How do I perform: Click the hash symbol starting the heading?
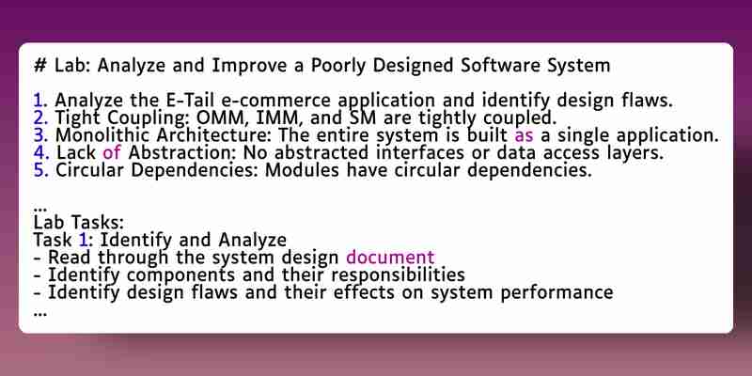[x=39, y=65]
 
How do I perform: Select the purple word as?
[x=524, y=136]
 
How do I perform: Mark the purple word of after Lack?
[x=112, y=152]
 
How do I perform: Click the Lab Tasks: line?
[x=79, y=223]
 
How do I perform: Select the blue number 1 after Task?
[x=83, y=240]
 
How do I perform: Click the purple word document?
[x=390, y=257]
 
